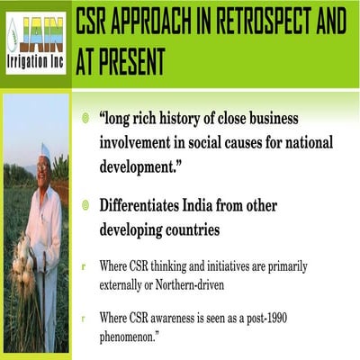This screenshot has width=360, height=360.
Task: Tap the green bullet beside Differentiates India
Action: point(85,206)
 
